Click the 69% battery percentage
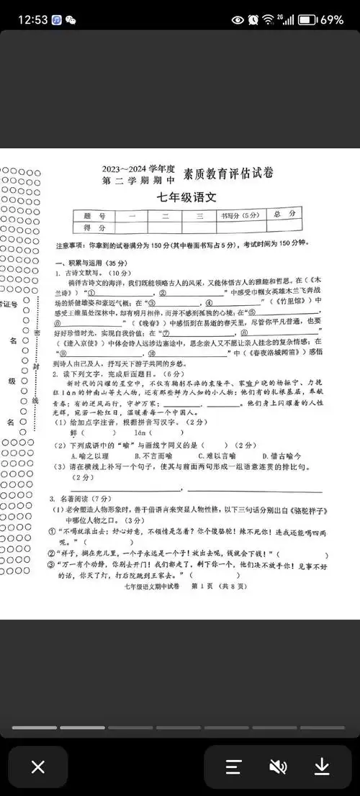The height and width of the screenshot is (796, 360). (332, 19)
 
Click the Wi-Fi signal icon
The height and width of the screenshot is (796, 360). (269, 19)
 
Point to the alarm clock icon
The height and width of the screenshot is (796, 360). (253, 19)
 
